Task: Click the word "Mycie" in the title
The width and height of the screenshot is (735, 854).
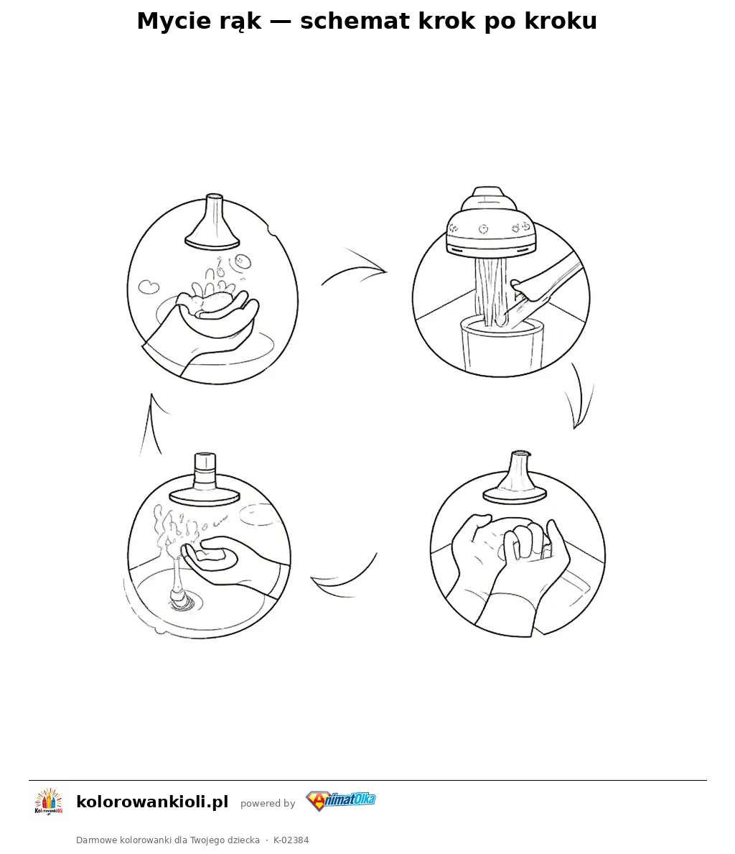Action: [172, 22]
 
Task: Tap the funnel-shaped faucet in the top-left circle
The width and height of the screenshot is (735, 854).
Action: [213, 222]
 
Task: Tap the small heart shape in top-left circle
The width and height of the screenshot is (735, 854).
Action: [148, 286]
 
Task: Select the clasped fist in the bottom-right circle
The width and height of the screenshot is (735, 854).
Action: [526, 542]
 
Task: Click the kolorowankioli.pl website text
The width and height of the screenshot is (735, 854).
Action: [152, 802]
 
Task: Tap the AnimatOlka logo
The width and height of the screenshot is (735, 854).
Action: [340, 801]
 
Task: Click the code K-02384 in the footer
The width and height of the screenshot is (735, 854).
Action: [291, 840]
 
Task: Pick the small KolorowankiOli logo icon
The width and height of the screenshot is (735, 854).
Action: [49, 802]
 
